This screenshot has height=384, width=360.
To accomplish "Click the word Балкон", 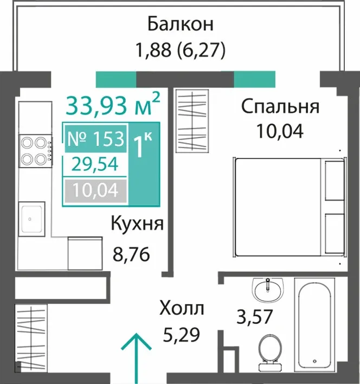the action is [x=181, y=24].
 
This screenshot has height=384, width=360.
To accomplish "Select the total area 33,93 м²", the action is [x=113, y=105].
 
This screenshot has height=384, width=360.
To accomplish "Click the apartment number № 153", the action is [x=95, y=139].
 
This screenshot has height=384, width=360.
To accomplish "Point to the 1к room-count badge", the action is [x=143, y=145].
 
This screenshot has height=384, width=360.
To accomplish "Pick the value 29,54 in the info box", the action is [x=95, y=164].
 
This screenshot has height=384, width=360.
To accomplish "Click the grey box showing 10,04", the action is [x=95, y=191].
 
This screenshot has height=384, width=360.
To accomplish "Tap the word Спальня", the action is [x=280, y=107].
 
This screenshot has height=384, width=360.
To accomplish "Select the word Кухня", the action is [x=137, y=223].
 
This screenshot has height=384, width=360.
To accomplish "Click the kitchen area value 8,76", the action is [x=131, y=254].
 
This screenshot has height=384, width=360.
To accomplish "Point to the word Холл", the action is [x=182, y=308].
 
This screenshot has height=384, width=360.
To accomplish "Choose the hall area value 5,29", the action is [x=182, y=335].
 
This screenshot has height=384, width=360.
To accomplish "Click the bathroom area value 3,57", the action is [x=254, y=317].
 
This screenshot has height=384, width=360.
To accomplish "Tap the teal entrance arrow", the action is [x=136, y=359].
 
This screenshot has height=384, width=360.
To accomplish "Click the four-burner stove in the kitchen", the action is [x=36, y=151].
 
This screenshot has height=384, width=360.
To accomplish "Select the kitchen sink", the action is [x=32, y=219].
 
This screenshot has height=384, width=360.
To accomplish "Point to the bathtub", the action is [x=314, y=327].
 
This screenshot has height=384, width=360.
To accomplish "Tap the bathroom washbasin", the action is [x=269, y=289].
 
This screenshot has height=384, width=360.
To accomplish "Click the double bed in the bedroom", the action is [x=290, y=208].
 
